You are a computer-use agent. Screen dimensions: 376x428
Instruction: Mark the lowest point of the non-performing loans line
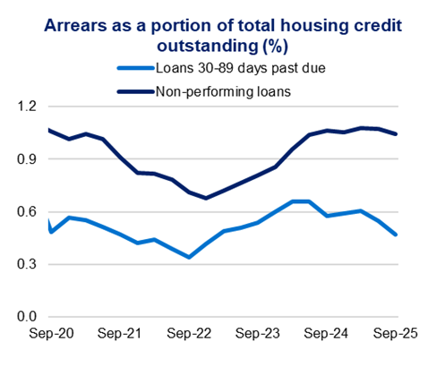(x=206, y=198)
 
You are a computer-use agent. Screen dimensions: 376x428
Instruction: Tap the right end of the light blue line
(x=397, y=235)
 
